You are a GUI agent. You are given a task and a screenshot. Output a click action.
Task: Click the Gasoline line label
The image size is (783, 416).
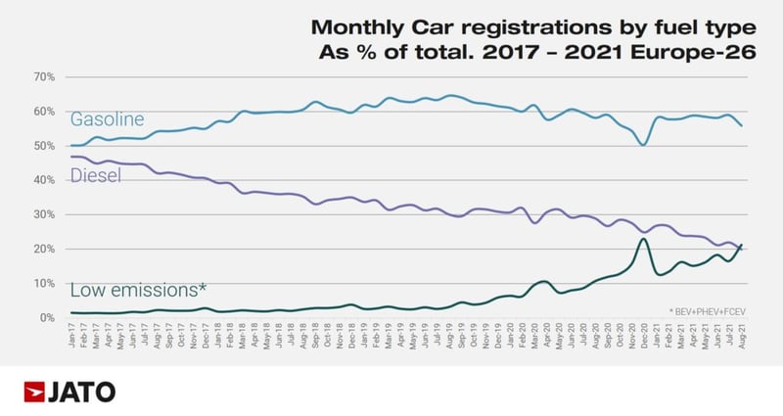pyautogui.click(x=107, y=119)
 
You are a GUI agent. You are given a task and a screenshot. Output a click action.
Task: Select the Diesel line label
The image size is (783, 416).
pyautogui.click(x=96, y=176)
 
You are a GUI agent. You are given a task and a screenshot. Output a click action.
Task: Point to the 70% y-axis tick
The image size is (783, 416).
pyautogui.click(x=45, y=76)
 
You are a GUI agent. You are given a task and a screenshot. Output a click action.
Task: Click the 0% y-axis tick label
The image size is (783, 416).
pyautogui.click(x=48, y=317)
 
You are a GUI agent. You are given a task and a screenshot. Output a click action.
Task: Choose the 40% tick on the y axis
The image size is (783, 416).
pyautogui.click(x=45, y=180)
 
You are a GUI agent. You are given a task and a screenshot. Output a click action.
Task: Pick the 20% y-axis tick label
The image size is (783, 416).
pyautogui.click(x=45, y=249)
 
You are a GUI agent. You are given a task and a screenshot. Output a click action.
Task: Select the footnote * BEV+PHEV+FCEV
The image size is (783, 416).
pyautogui.click(x=708, y=309)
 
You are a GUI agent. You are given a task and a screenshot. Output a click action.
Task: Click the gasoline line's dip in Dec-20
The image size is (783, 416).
pyautogui.click(x=642, y=145)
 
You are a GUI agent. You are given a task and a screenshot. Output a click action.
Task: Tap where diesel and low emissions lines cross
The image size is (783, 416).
pyautogui.click(x=738, y=248)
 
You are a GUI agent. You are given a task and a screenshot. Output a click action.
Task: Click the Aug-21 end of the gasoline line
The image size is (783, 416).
pyautogui.click(x=741, y=125)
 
